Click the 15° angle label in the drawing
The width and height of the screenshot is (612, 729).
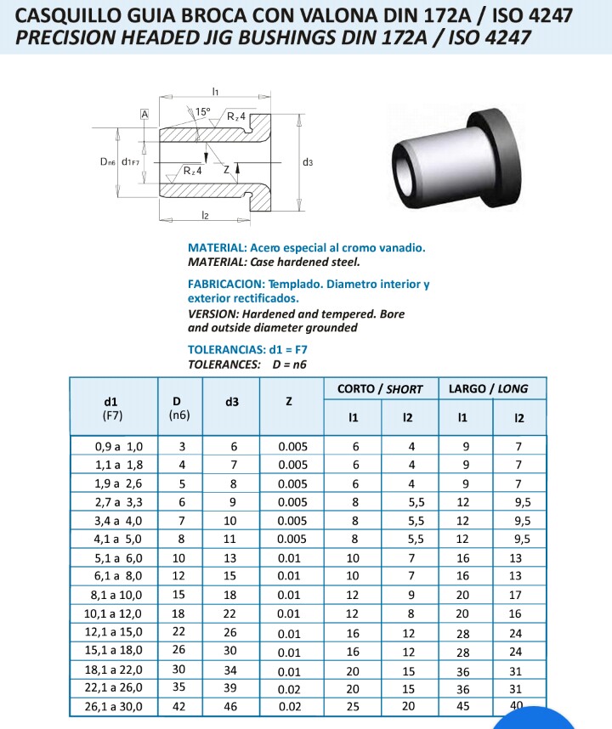(202, 111)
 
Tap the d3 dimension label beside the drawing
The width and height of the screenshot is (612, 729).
(307, 161)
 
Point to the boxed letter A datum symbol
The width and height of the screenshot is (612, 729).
(144, 114)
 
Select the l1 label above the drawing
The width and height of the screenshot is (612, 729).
(216, 91)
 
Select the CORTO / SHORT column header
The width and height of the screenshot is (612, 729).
(380, 388)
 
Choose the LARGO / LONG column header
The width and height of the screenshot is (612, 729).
(488, 388)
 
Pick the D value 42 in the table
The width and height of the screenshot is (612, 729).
(180, 706)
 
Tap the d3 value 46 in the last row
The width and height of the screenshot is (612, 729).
(232, 706)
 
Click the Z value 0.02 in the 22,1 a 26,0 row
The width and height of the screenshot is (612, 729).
(290, 687)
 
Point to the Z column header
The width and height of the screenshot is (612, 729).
(289, 400)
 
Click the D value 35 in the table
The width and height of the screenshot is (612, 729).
(180, 687)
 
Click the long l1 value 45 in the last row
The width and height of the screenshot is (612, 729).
(463, 706)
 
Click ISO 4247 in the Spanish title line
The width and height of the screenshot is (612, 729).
(526, 15)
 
